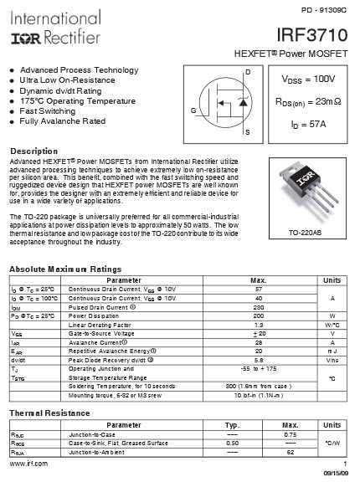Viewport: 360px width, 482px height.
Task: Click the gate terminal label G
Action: [x=193, y=111]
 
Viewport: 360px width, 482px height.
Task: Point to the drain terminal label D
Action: [x=247, y=74]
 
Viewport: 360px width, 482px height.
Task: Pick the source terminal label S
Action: [x=247, y=132]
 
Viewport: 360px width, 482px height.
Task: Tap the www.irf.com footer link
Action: [x=28, y=463]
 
